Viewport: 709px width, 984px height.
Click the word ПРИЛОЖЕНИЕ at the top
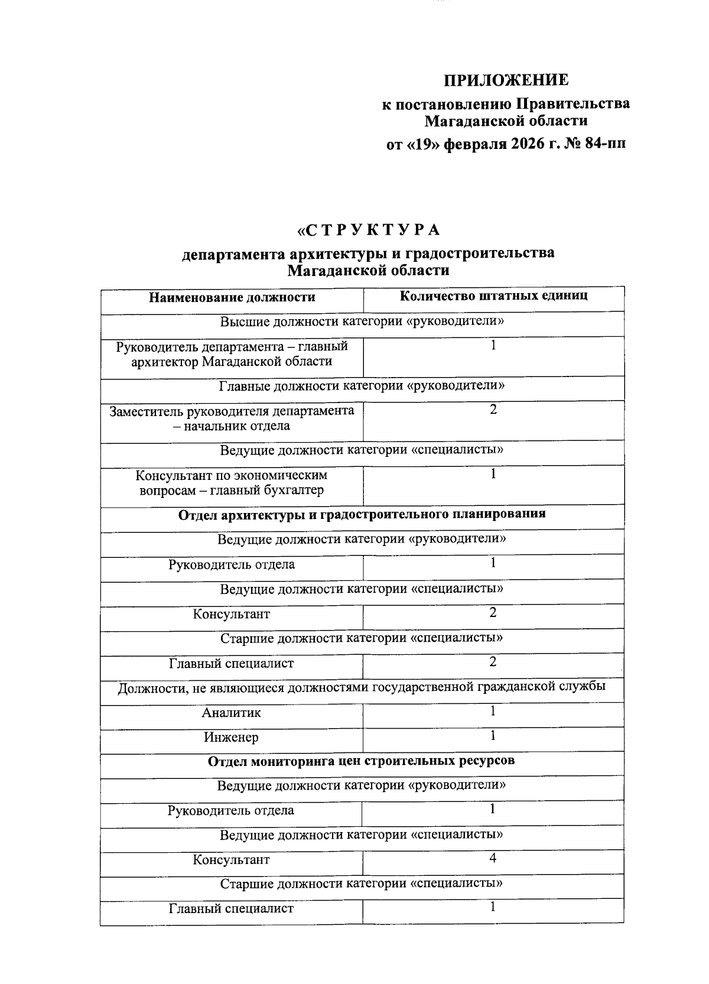506,80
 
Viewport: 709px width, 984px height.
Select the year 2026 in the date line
521,144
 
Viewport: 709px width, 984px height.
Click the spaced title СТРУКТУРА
369,229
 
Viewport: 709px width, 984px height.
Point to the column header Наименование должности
232,297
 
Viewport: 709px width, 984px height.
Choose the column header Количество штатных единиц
493,295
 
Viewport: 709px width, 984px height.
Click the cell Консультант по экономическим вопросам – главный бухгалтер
232,483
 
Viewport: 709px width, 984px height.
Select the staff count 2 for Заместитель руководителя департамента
493,410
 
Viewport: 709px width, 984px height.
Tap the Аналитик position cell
231,713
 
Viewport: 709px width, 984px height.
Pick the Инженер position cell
231,738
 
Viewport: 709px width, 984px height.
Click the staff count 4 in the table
493,858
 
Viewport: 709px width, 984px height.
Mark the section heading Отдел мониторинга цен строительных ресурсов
361,761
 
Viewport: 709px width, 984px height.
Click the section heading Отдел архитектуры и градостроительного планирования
362,514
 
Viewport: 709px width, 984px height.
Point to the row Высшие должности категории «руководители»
362,322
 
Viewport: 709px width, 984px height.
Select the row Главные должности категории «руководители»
362,387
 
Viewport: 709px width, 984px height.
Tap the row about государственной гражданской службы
362,687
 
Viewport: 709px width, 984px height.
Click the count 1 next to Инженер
493,736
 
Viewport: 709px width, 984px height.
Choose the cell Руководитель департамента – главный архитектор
232,354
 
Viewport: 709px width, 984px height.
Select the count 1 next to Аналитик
493,711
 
